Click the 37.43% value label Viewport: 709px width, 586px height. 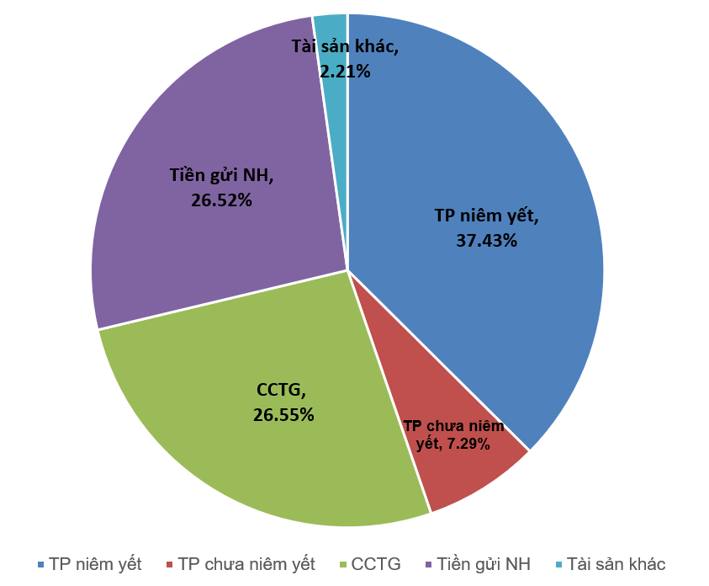[486, 240]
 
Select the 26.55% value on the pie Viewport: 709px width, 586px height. [283, 414]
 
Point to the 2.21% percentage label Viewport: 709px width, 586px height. [345, 72]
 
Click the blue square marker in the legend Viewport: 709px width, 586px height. [40, 564]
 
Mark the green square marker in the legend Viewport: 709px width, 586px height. [342, 564]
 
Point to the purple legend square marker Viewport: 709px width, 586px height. [428, 564]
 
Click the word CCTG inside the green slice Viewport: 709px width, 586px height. [281, 390]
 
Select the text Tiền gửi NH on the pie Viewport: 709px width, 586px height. [221, 176]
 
